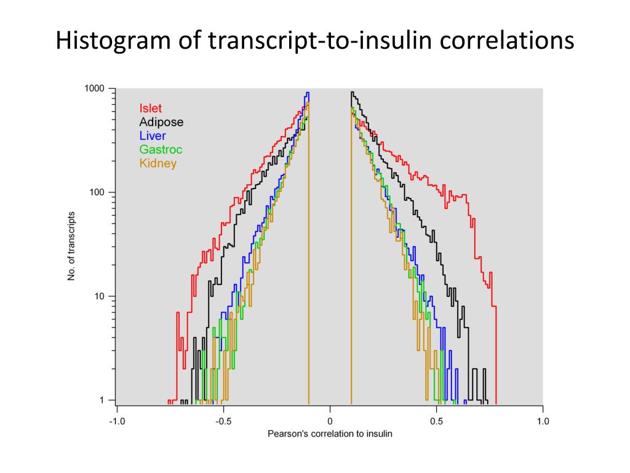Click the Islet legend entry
pyautogui.click(x=150, y=109)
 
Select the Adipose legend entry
pyautogui.click(x=161, y=123)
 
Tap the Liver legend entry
pyautogui.click(x=153, y=136)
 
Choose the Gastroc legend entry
pyautogui.click(x=161, y=150)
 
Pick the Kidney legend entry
pyautogui.click(x=157, y=163)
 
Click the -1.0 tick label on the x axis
pyautogui.click(x=116, y=421)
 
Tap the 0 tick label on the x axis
pyautogui.click(x=330, y=421)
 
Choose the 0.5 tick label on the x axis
pyautogui.click(x=436, y=421)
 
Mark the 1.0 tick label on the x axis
pyautogui.click(x=543, y=421)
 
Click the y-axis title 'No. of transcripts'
pyautogui.click(x=71, y=246)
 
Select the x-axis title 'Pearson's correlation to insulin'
pyautogui.click(x=330, y=434)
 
